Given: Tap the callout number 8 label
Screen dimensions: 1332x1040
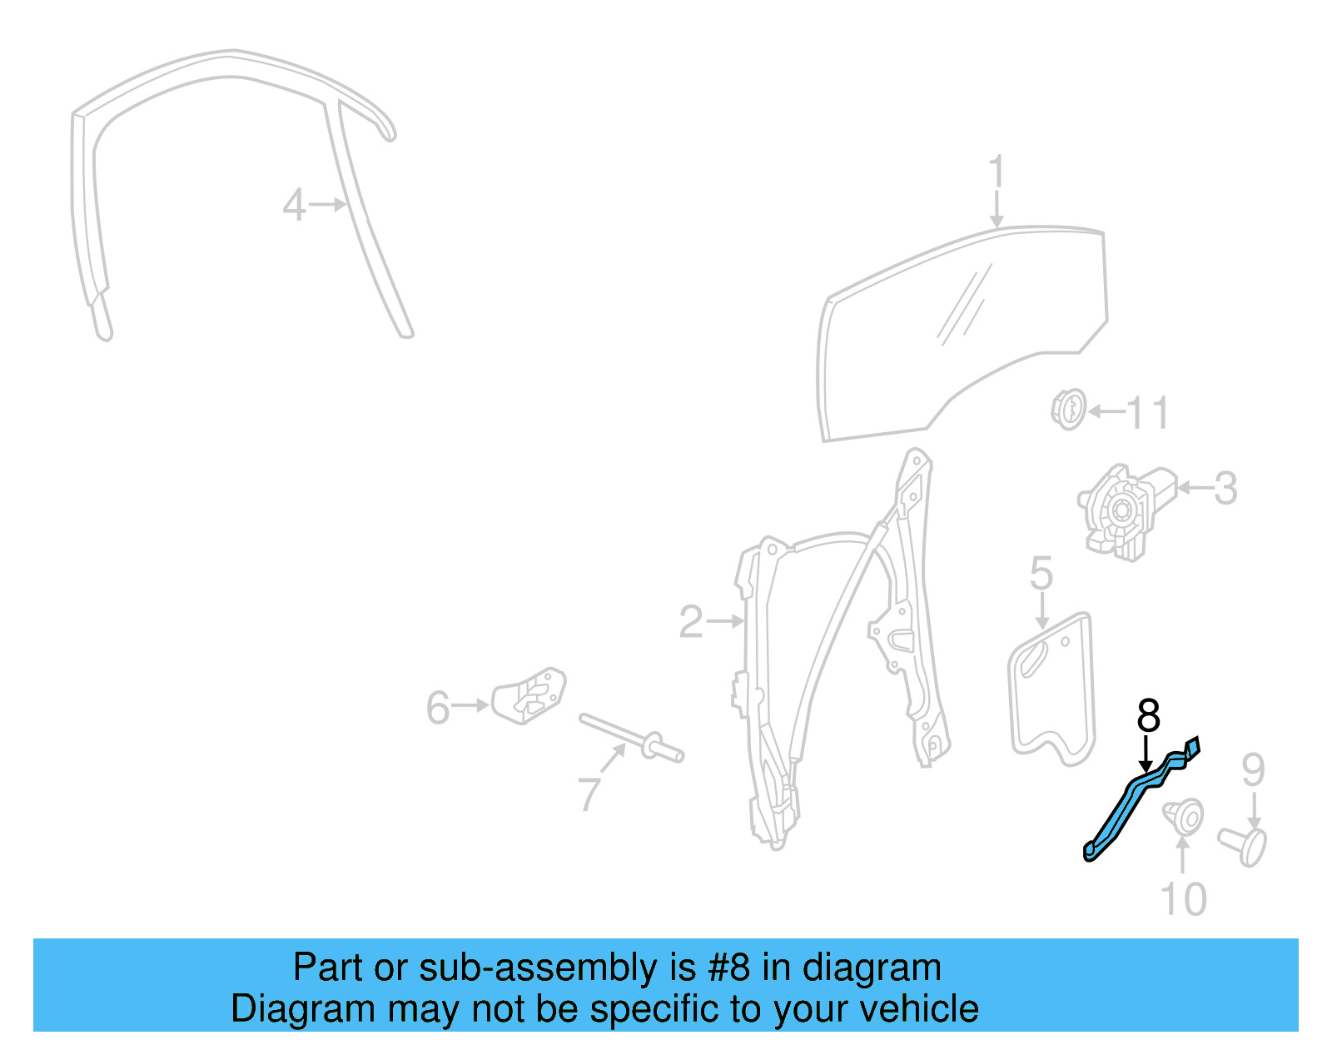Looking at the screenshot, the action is click(1148, 715).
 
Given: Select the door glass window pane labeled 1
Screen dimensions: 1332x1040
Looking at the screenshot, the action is click(957, 333).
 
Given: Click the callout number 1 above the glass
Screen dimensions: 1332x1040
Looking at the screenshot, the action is click(997, 172).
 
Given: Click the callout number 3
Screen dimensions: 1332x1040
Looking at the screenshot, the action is click(1225, 489).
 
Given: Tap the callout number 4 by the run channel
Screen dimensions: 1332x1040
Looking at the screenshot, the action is click(293, 205).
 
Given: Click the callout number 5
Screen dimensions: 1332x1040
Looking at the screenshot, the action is click(1041, 574).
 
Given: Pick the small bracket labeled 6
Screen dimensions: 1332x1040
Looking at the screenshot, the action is click(529, 694).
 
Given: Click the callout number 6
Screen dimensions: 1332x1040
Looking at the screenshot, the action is click(438, 708).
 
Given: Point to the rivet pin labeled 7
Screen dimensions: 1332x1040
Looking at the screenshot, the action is click(633, 738).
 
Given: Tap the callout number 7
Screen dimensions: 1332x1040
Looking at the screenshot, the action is click(589, 794).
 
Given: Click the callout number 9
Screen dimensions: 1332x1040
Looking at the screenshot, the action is click(1253, 770).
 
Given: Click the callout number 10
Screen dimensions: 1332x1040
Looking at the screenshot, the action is click(1183, 899).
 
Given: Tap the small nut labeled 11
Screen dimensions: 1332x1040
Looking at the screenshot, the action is click(1067, 410).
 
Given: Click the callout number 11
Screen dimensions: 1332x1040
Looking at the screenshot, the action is click(1147, 413).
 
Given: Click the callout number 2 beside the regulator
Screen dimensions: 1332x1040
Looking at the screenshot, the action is click(690, 622).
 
